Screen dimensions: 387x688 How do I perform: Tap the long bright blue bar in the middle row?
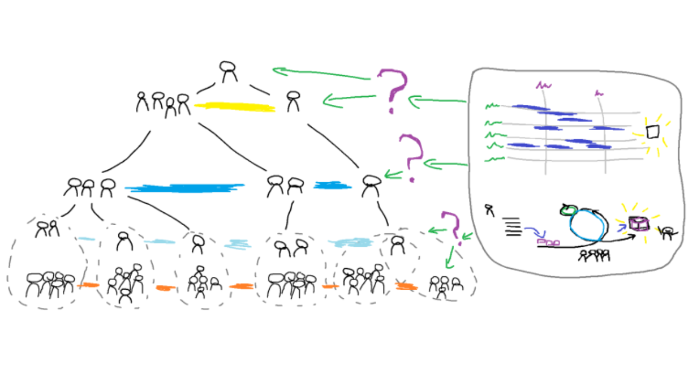[x=184, y=188]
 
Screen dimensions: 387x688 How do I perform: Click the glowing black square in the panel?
[x=653, y=132]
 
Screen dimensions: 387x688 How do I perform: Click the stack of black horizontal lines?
[x=513, y=226]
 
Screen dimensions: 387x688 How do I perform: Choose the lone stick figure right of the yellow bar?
[x=292, y=101]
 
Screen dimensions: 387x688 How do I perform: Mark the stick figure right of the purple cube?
[x=667, y=233]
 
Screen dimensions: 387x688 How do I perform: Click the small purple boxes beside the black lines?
[x=548, y=243]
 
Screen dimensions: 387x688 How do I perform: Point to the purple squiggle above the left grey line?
[x=543, y=85]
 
